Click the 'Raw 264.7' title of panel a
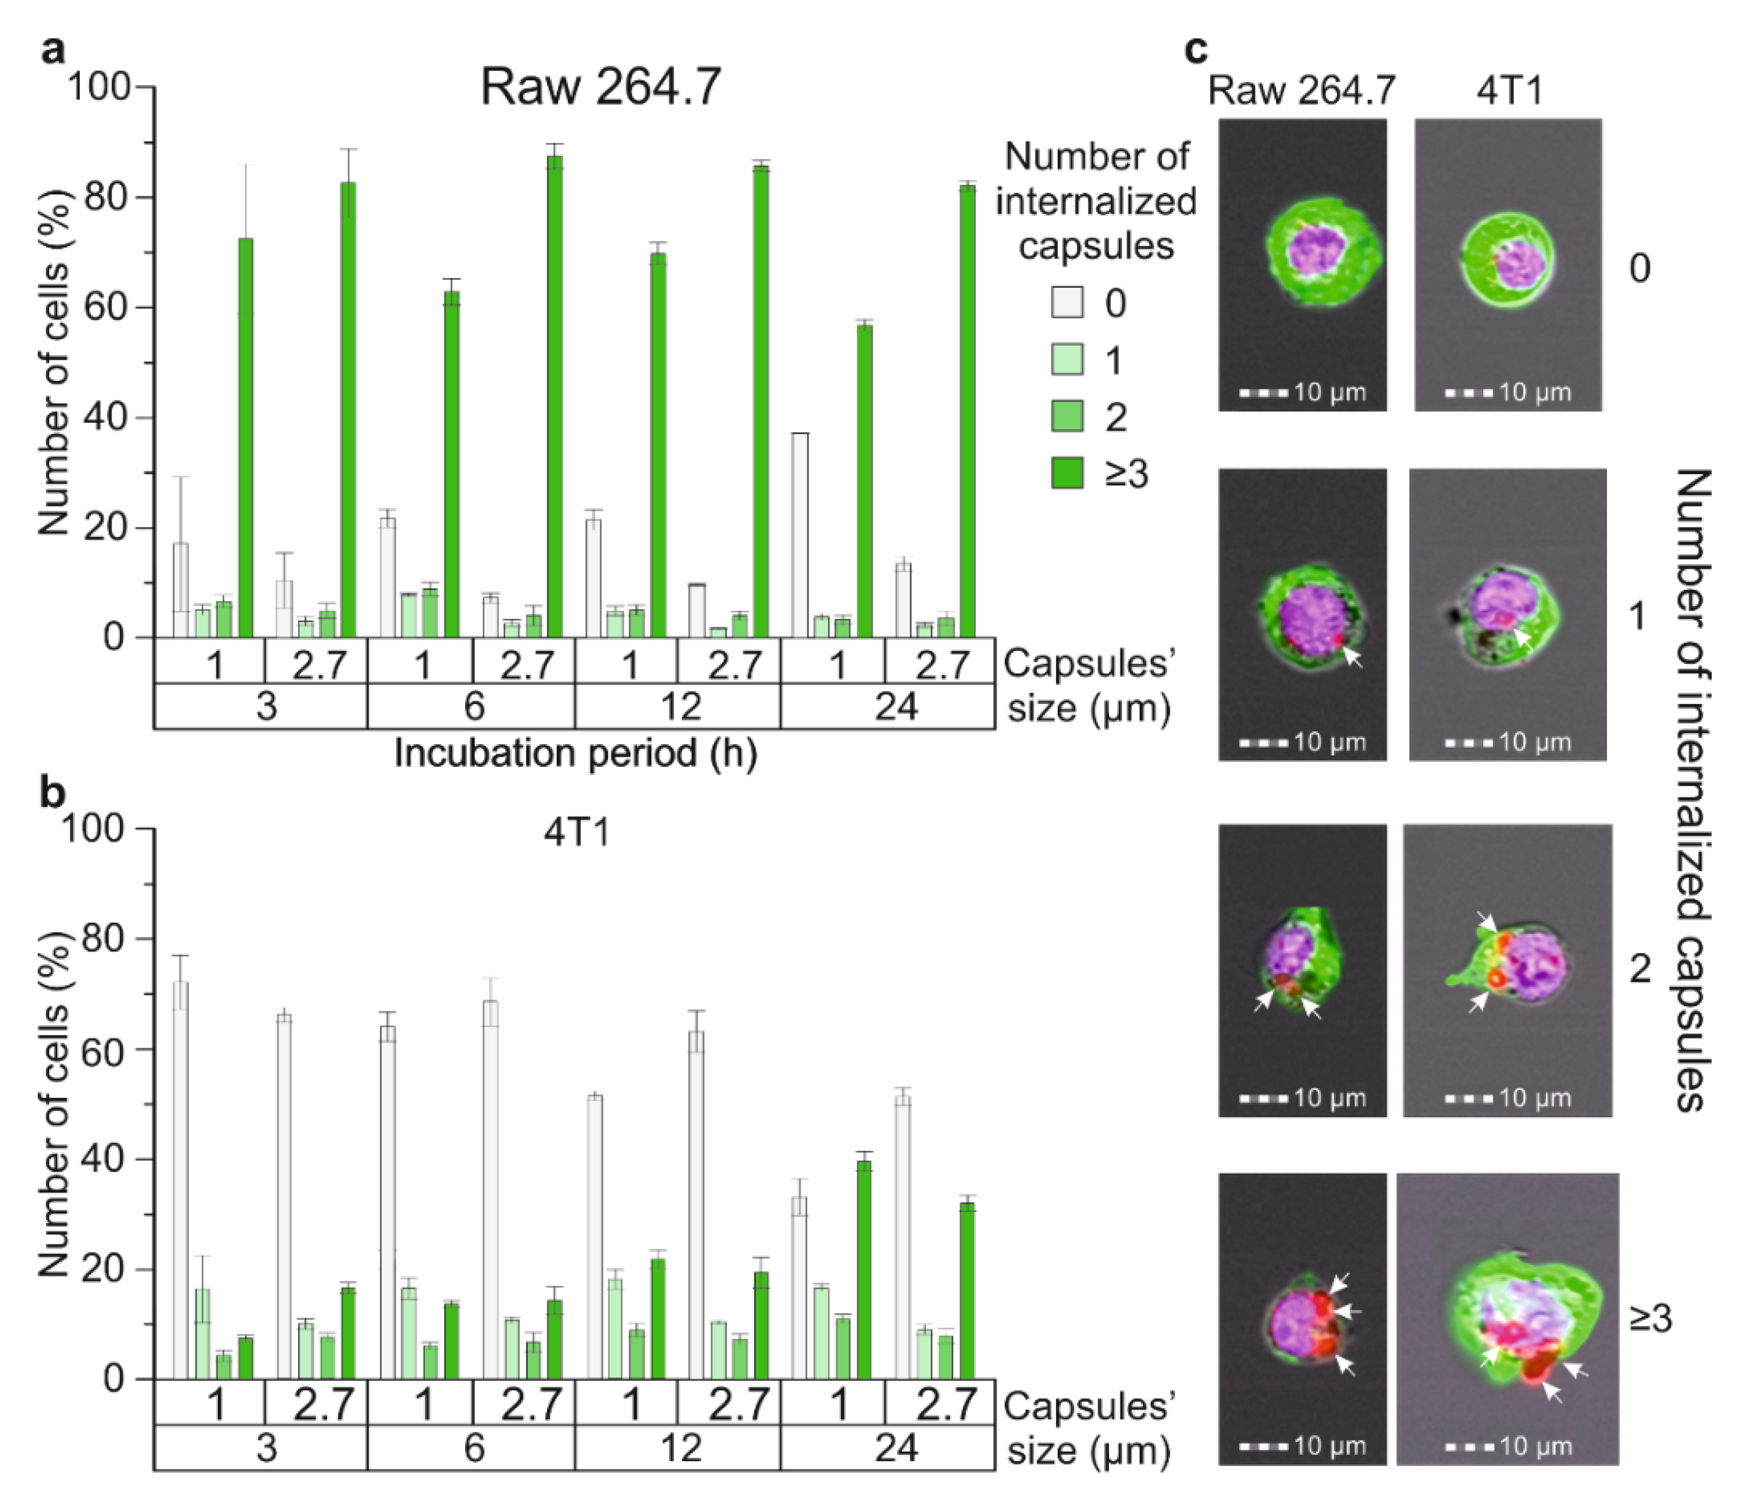tap(601, 86)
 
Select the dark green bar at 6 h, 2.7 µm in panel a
tap(555, 396)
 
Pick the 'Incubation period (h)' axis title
tap(575, 753)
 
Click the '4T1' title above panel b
tap(576, 834)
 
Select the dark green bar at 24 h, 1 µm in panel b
tap(864, 1270)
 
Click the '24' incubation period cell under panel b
tap(895, 1448)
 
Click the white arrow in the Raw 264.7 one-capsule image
tap(1353, 656)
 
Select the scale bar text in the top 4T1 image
tap(1535, 393)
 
